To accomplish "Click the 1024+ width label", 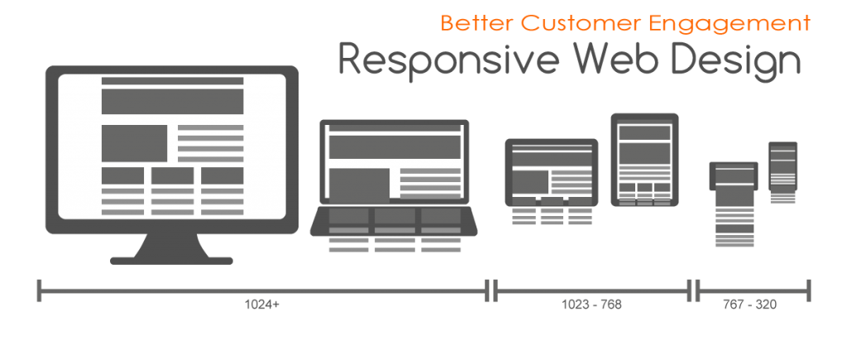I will pos(262,305).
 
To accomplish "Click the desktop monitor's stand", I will pos(172,249).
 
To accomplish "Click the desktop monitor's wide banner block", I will pos(172,101).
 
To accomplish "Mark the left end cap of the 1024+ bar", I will pos(40,290).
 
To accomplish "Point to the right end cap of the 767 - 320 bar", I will pos(809,290).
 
